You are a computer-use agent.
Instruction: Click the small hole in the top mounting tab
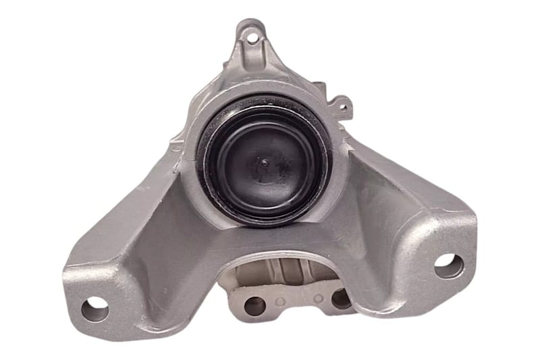251,36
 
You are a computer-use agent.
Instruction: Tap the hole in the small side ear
342,105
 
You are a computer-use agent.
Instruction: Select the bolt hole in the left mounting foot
94,309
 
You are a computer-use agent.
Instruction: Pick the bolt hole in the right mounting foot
448,265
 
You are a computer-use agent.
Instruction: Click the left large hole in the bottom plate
254,306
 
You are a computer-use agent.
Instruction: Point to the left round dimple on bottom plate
280,301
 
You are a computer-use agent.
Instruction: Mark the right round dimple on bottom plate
317,298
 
